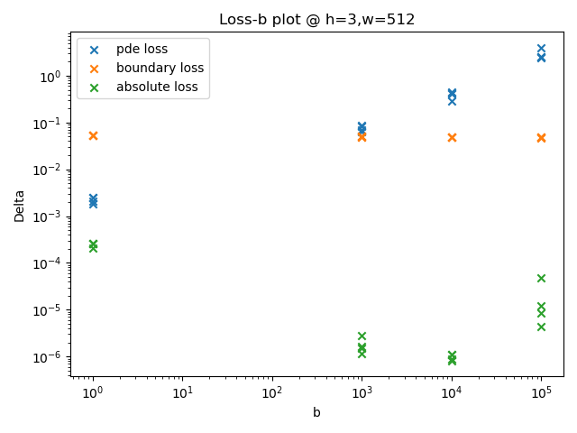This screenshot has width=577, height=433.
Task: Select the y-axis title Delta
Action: pos(20,206)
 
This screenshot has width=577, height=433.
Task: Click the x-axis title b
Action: pos(316,413)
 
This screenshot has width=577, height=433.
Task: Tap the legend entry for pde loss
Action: pos(148,50)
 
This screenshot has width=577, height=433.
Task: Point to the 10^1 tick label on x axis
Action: pos(182,393)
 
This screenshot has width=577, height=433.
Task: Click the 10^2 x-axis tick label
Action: pos(272,393)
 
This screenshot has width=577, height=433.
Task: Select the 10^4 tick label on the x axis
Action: pos(452,393)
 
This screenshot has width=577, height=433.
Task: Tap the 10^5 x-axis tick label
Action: pos(541,393)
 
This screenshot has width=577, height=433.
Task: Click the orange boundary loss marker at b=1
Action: pos(93,135)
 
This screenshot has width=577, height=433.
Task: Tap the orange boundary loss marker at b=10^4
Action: pos(452,137)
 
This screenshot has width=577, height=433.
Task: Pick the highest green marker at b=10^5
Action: pos(541,278)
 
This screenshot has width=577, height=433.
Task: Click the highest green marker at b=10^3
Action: pos(362,336)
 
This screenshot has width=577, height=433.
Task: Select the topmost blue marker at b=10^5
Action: pos(541,49)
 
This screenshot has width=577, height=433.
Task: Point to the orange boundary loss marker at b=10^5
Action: pos(541,138)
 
